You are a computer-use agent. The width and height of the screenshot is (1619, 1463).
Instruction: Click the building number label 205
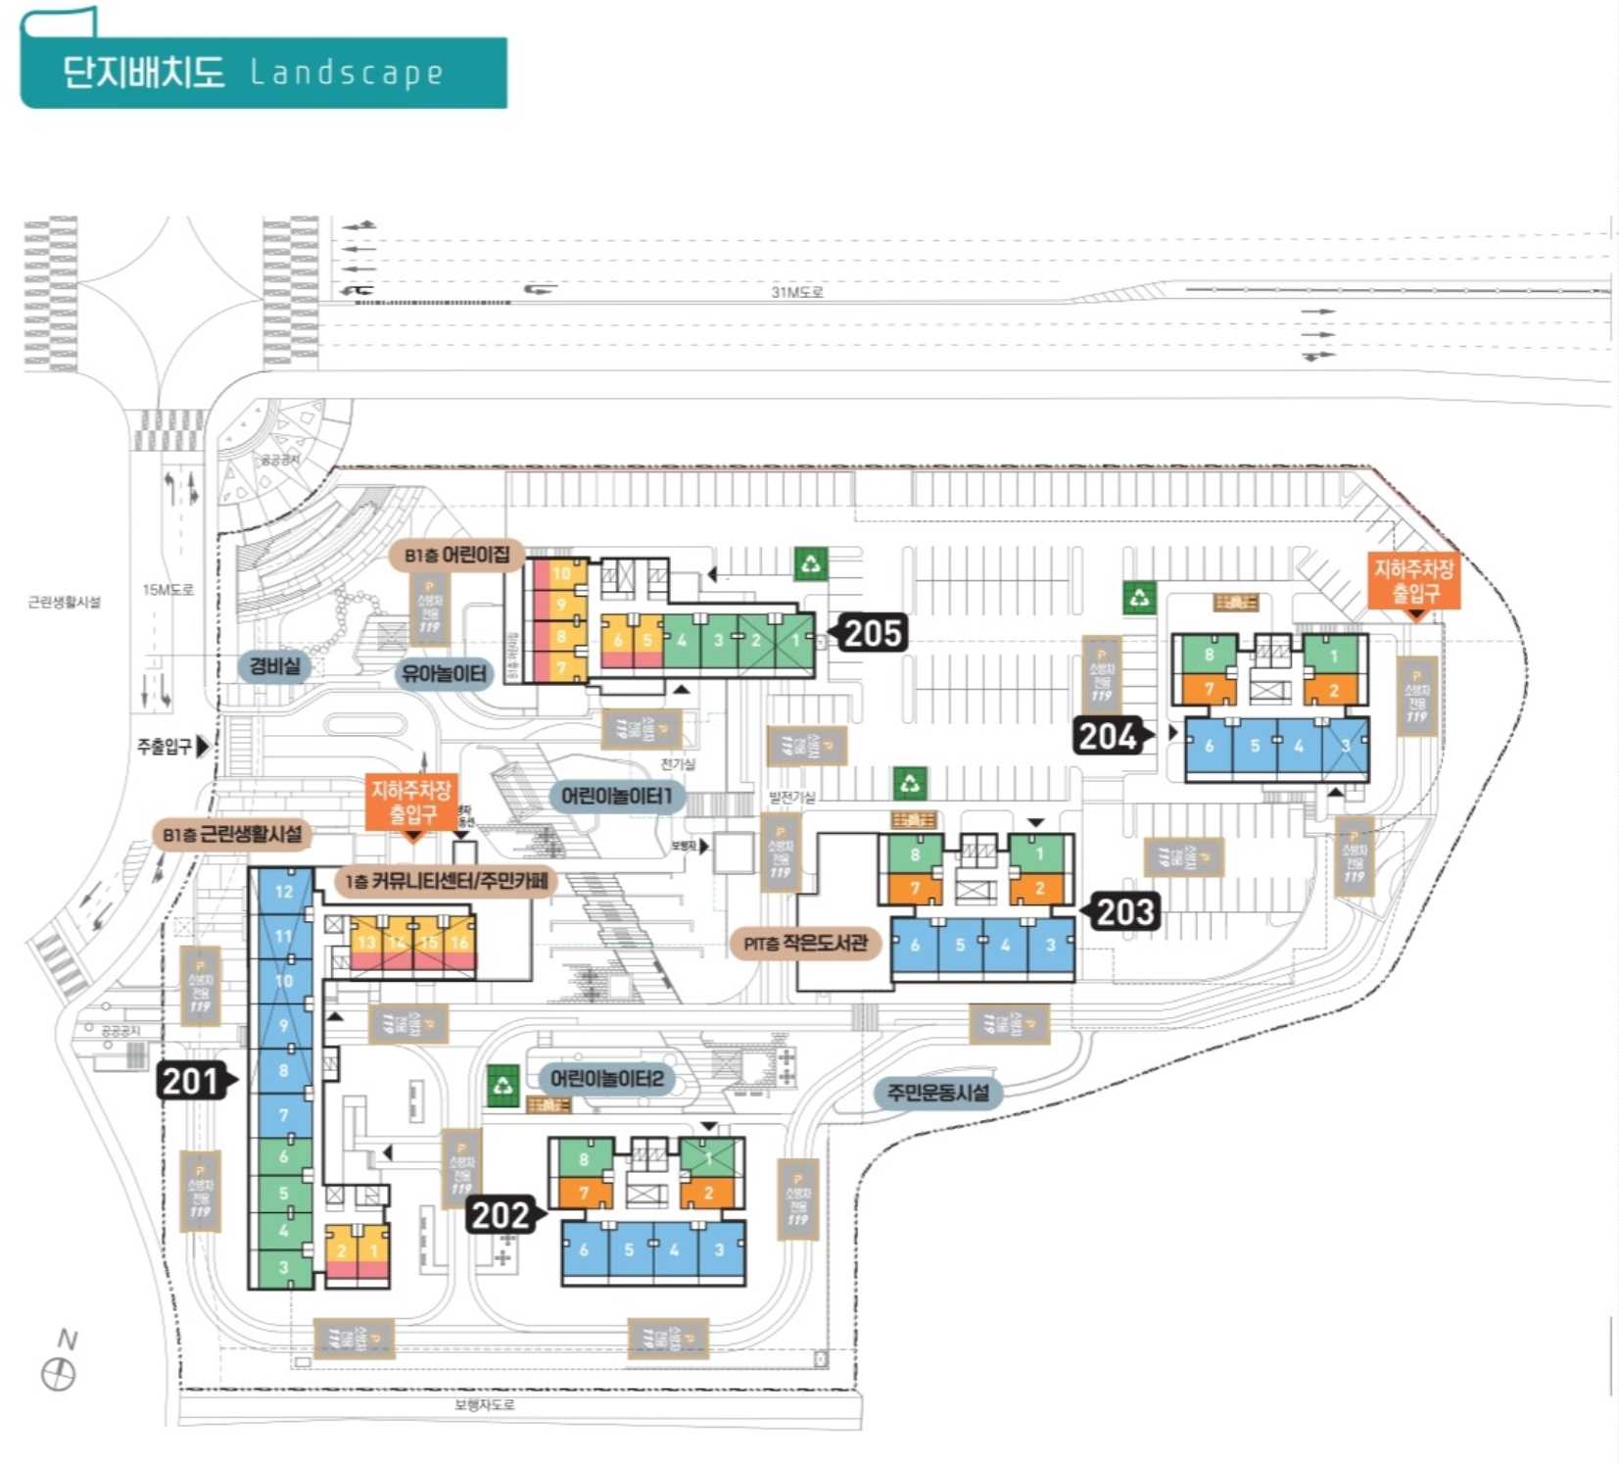(872, 634)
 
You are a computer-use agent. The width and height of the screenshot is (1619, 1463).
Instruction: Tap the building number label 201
(192, 1081)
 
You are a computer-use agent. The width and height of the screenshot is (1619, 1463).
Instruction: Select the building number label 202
(500, 1215)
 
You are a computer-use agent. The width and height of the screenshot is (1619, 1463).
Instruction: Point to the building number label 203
(1125, 912)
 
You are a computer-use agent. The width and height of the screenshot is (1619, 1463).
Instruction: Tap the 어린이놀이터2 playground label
(606, 1079)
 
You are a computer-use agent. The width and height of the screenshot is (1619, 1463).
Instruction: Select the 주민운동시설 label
(937, 1093)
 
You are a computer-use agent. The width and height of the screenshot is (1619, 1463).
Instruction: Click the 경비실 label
(274, 666)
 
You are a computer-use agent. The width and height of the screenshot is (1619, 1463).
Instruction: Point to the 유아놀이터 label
(444, 674)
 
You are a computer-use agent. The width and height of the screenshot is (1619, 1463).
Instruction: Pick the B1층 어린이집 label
(457, 556)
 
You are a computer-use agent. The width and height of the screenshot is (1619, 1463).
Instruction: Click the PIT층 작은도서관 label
(805, 944)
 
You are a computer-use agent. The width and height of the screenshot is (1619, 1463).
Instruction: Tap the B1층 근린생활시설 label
(232, 835)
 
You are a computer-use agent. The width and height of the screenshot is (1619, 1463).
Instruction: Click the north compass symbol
(59, 1374)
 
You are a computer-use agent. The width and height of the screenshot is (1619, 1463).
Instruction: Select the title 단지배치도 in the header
(143, 73)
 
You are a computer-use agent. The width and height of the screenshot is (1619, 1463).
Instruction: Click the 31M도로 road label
(796, 292)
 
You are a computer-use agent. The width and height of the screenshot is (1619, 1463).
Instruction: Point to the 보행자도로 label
(484, 1405)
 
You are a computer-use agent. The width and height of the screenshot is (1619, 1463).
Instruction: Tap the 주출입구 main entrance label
(165, 747)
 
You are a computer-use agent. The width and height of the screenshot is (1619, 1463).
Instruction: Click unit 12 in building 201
(283, 892)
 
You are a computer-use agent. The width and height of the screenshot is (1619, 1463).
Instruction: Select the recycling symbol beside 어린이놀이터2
(503, 1086)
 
